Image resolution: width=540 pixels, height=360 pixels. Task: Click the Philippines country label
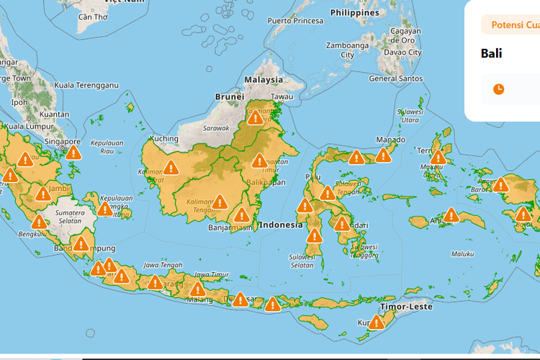tap(354, 13)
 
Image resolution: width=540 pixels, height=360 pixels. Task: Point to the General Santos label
tap(396, 78)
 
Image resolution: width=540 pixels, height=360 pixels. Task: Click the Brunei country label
tap(229, 96)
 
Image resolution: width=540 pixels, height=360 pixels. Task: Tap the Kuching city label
tap(164, 138)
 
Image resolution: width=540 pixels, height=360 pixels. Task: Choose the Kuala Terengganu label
tap(87, 85)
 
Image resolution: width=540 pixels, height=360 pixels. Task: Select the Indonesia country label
tap(281, 225)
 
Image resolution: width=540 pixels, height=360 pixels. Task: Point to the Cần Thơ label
tap(93, 17)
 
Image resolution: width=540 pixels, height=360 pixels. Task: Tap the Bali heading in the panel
tap(492, 53)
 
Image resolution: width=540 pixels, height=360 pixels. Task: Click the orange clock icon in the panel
tap(498, 89)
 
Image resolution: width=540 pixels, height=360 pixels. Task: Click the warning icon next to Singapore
tap(73, 152)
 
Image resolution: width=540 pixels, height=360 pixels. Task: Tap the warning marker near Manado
tap(382, 155)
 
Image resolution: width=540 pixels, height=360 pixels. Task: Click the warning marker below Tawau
tap(255, 117)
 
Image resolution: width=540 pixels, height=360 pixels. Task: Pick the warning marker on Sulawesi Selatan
tap(314, 236)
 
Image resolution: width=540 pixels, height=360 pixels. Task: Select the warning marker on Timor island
tap(377, 322)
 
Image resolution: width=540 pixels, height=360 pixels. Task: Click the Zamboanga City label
tap(348, 50)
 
